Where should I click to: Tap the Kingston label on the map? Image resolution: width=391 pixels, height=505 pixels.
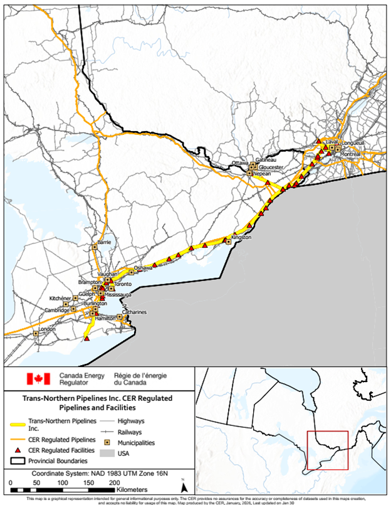[241, 238]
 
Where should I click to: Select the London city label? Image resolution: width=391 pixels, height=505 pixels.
[47, 329]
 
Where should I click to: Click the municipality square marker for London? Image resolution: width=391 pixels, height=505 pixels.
[36, 333]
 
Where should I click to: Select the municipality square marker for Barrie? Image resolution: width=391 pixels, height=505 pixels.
[95, 247]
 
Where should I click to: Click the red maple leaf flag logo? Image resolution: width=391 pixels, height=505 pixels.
[38, 379]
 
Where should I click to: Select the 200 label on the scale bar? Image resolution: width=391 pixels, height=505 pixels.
[114, 482]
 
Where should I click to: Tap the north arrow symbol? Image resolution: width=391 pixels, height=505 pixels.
[184, 486]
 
